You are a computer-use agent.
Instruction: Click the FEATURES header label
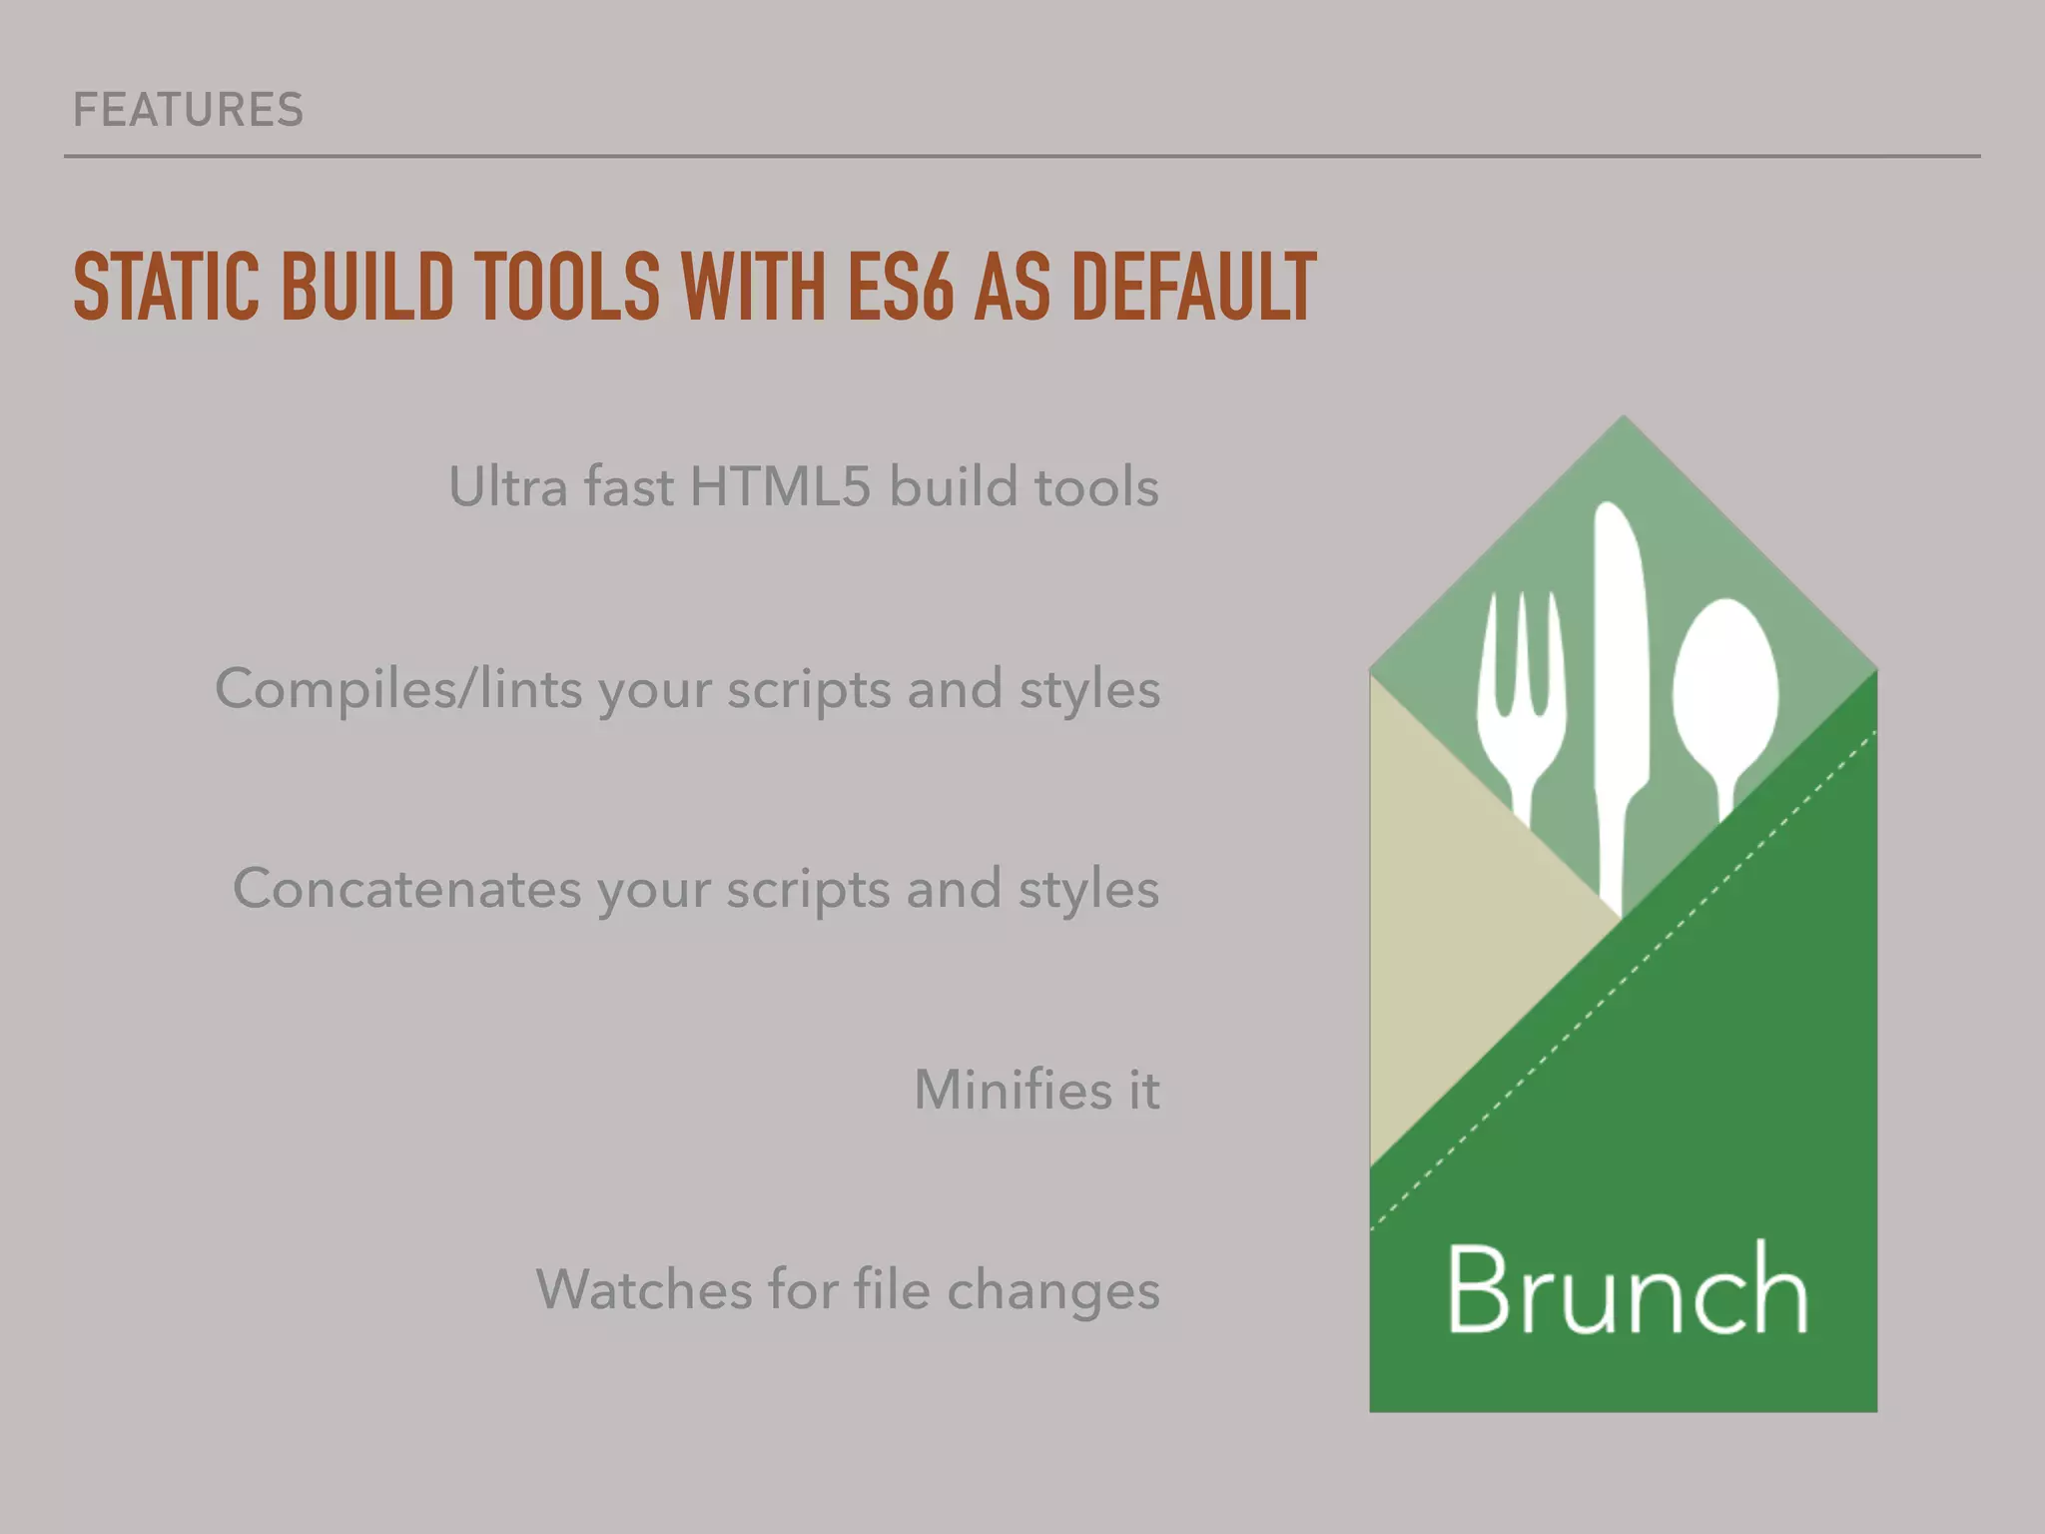pyautogui.click(x=188, y=110)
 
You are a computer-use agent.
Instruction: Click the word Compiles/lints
pyautogui.click(x=397, y=689)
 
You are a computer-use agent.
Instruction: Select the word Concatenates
pyautogui.click(x=406, y=889)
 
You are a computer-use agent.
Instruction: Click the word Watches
pyautogui.click(x=642, y=1289)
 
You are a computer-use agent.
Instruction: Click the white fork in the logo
pyautogui.click(x=1520, y=699)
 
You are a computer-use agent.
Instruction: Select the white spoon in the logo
pyautogui.click(x=1725, y=689)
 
